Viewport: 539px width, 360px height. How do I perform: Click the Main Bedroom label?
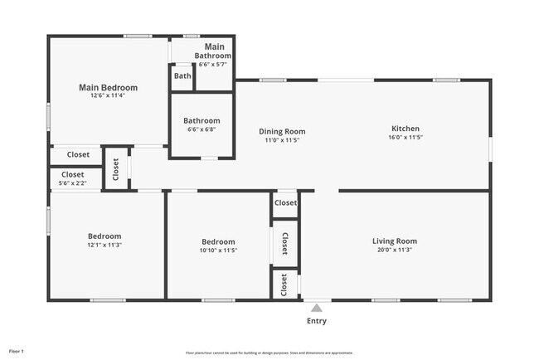coord(108,87)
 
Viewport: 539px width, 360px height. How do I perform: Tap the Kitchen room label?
coord(405,129)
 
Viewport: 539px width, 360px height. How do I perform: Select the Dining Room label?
coord(282,131)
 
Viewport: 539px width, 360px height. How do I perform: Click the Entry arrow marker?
coord(316,309)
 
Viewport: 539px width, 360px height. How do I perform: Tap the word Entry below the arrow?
coord(317,321)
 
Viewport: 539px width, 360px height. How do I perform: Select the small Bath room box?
coord(182,76)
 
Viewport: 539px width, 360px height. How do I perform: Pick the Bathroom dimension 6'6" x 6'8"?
coord(202,129)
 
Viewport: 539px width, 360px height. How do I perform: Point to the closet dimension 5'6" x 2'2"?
coord(72,183)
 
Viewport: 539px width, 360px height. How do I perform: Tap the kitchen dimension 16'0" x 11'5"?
coord(405,138)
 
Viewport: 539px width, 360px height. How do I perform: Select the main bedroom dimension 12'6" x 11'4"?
coord(108,95)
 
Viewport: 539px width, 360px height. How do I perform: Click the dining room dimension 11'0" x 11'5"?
coord(282,140)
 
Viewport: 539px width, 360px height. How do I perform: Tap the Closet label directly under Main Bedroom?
coord(78,154)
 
